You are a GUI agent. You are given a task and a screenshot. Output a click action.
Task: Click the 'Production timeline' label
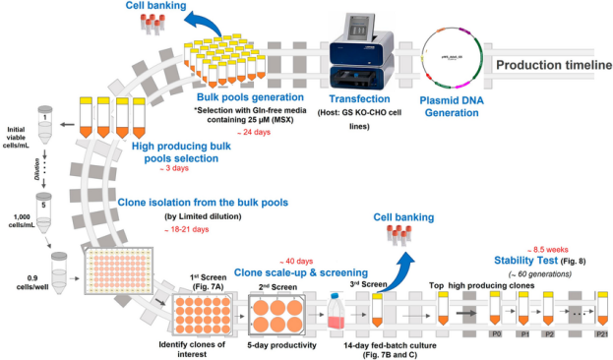(552, 65)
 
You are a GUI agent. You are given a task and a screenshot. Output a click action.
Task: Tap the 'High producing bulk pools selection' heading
(187, 150)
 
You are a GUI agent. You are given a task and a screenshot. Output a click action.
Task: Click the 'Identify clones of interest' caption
(186, 346)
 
